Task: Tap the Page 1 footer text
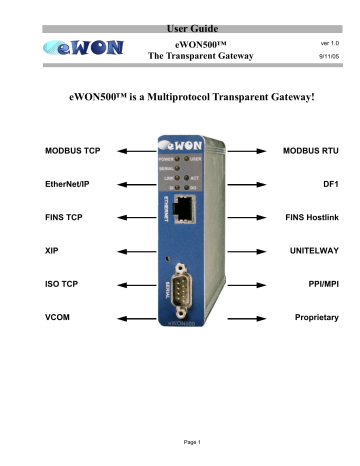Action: point(180,442)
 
